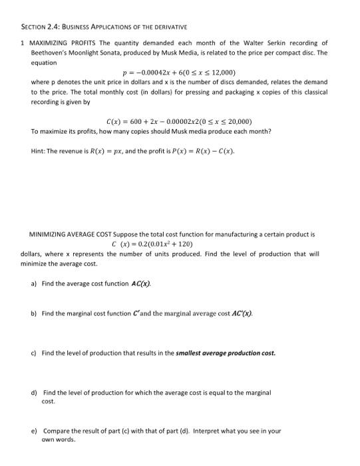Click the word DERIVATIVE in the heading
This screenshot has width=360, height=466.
[168, 27]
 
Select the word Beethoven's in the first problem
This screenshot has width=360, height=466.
[49, 52]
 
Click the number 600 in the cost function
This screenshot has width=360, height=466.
[140, 122]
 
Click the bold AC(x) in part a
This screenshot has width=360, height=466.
[140, 284]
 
